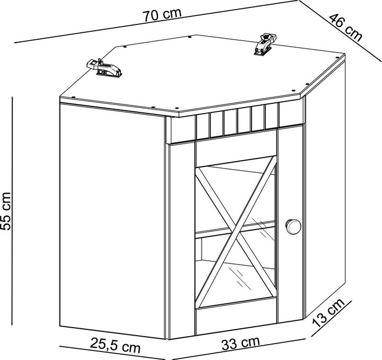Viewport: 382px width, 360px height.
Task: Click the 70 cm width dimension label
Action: point(162,15)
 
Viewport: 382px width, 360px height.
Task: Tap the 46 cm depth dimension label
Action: point(345,27)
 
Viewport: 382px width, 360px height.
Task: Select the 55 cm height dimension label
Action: point(6,211)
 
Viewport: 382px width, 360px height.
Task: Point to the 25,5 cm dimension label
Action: point(115,345)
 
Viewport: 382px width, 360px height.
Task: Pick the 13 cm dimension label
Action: point(329,312)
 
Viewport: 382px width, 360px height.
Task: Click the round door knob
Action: point(293,226)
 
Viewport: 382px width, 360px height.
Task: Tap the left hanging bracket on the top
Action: point(104,68)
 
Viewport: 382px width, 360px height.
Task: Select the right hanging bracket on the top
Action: point(265,44)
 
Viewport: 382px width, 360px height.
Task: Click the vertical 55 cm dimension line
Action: point(12,211)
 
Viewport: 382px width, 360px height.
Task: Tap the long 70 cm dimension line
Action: point(157,22)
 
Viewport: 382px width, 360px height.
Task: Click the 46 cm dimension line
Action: point(340,31)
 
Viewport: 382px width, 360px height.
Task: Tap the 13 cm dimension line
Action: point(331,319)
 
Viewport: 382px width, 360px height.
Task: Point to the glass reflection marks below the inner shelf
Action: point(241,279)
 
